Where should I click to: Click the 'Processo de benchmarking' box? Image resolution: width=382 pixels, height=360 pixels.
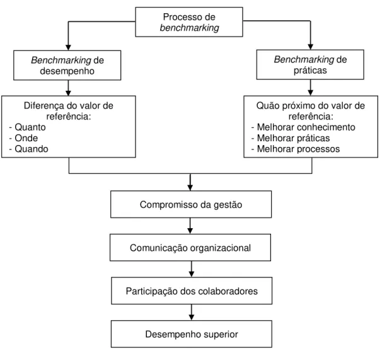point(189,22)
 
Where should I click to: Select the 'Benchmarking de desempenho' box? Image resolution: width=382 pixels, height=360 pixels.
point(67,66)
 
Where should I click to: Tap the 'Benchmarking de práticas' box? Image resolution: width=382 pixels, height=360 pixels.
point(310,64)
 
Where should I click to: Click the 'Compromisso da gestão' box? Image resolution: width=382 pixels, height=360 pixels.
point(191,204)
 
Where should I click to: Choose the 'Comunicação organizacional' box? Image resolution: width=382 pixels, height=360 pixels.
point(190,248)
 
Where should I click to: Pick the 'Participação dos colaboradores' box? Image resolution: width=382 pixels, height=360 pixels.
point(192,291)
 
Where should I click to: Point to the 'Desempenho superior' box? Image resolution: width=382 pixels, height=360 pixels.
point(192,334)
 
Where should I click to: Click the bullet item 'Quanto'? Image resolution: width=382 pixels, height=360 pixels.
point(30,127)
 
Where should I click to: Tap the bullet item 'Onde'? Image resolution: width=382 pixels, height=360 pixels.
point(26,138)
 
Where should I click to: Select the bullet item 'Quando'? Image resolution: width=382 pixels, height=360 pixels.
point(32,149)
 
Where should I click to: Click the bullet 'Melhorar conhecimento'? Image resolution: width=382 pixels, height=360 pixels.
point(306,127)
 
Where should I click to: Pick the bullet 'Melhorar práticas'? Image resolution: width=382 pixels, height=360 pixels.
point(293,138)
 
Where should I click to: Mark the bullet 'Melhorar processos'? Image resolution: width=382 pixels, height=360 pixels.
point(298,149)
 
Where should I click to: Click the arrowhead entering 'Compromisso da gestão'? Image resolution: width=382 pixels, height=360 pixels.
point(190,188)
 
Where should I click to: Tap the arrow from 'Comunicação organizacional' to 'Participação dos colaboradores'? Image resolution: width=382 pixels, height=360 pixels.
point(192,269)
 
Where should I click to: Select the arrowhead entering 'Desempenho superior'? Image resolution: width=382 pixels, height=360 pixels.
point(192,317)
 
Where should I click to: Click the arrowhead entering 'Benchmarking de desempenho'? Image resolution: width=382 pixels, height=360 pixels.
point(69,47)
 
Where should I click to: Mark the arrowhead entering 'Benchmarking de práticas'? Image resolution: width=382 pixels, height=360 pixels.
point(310,47)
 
